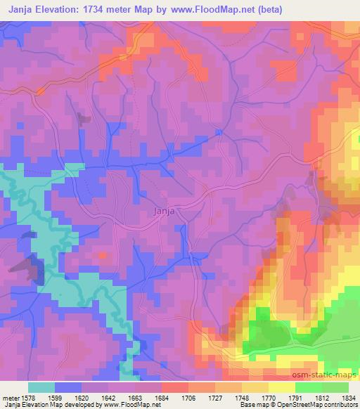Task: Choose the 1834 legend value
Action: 350,397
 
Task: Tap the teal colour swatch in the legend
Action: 41,387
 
